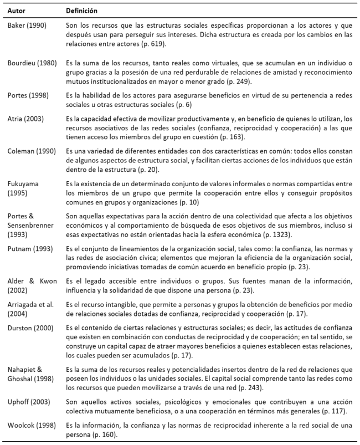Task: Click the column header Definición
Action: pyautogui.click(x=83, y=11)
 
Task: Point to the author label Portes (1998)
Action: pyautogui.click(x=27, y=96)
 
